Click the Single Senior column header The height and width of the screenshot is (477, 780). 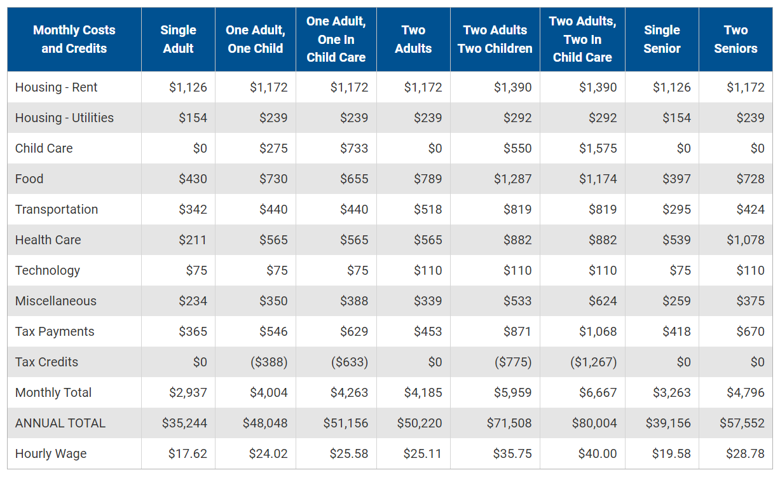coord(662,39)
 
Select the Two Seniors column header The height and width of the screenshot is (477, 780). coord(736,39)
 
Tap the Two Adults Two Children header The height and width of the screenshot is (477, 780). coord(495,39)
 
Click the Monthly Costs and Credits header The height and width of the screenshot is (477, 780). coord(74,39)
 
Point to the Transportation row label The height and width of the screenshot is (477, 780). coord(57,209)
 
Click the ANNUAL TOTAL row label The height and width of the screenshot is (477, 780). coord(60,423)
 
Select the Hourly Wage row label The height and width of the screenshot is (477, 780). coord(51,453)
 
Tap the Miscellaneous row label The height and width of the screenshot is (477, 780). coord(56,301)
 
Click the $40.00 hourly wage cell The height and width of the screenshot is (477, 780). coord(598,453)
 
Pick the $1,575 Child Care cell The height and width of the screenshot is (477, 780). coord(598,148)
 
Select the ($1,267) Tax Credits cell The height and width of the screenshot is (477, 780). coord(593,362)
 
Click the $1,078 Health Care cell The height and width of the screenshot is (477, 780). coord(746,240)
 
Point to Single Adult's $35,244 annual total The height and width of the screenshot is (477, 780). coord(184,423)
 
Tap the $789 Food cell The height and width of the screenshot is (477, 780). coord(428,179)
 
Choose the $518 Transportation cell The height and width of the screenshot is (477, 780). coord(428,209)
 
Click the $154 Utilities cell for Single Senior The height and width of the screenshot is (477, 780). coord(676,118)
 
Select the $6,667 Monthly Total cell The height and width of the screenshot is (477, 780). coord(598,392)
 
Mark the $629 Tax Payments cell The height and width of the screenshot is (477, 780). coord(354,331)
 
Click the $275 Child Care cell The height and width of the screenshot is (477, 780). coord(273,148)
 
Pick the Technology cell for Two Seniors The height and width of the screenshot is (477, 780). coord(750,270)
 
